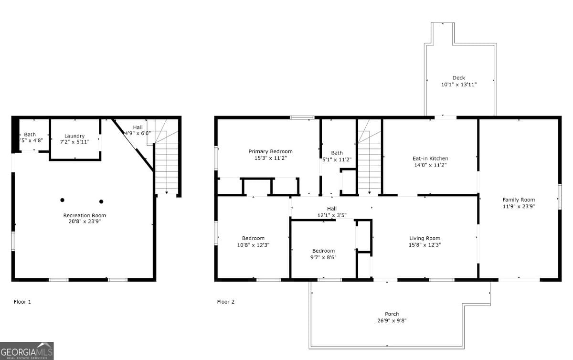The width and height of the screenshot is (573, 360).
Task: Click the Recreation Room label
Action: pyautogui.click(x=85, y=215)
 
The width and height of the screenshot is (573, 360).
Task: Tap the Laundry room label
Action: pyautogui.click(x=74, y=136)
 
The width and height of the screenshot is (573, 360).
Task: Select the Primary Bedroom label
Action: pyautogui.click(x=270, y=151)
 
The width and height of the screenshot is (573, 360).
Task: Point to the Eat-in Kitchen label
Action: pyautogui.click(x=430, y=159)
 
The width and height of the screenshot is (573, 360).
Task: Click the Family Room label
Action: pyautogui.click(x=519, y=200)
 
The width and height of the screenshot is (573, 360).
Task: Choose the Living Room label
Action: pyautogui.click(x=424, y=238)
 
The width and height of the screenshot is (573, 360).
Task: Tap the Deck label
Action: pyautogui.click(x=458, y=78)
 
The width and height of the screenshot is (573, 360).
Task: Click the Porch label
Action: pyautogui.click(x=392, y=314)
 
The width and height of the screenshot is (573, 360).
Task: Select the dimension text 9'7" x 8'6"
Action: pyautogui.click(x=323, y=257)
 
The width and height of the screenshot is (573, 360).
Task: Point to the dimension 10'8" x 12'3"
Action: pyautogui.click(x=253, y=245)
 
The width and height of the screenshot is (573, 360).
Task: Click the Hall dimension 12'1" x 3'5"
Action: pyautogui.click(x=332, y=215)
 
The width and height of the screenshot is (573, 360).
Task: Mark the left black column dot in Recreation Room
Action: pyautogui.click(x=62, y=200)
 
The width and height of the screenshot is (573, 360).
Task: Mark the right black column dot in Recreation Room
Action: pyautogui.click(x=101, y=201)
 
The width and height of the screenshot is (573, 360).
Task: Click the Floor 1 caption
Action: pyautogui.click(x=22, y=302)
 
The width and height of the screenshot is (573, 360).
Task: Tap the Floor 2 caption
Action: pyautogui.click(x=226, y=302)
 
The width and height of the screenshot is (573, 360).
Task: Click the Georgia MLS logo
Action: pyautogui.click(x=27, y=350)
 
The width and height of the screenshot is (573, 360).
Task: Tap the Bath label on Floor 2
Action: pyautogui.click(x=337, y=153)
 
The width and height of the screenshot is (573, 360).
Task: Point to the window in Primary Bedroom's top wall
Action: pyautogui.click(x=302, y=117)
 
